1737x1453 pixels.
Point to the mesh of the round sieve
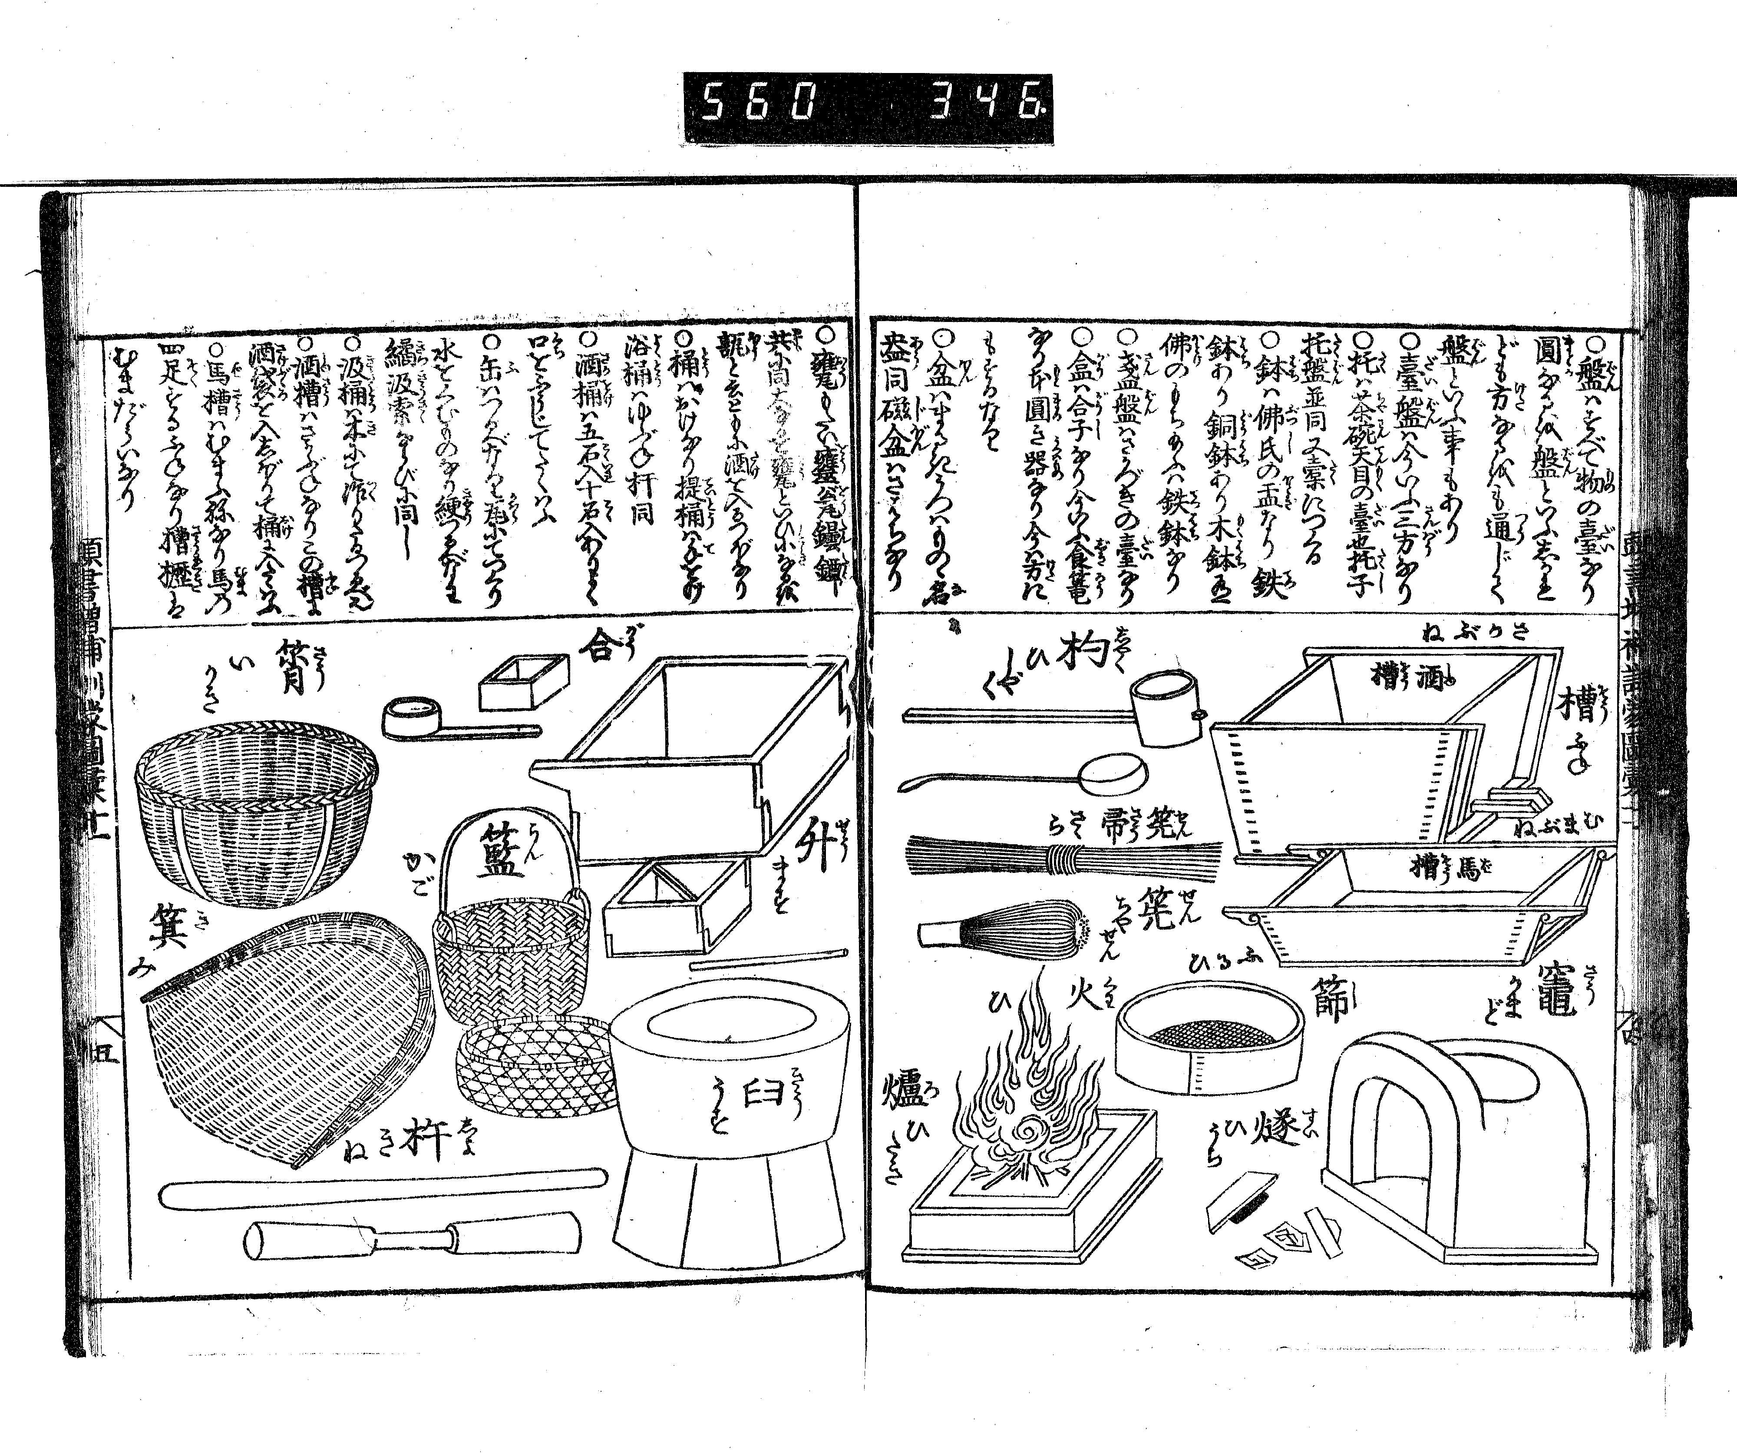tap(1208, 1034)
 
